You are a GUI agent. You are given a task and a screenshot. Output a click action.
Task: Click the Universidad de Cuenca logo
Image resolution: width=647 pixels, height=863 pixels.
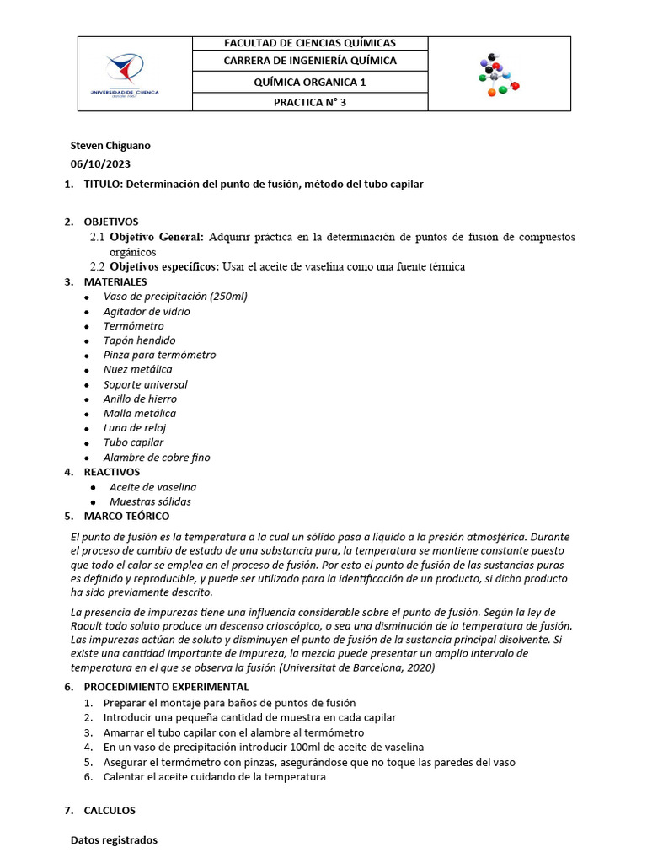pyautogui.click(x=124, y=73)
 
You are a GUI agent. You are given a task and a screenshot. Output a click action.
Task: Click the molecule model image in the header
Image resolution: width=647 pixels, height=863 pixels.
pyautogui.click(x=499, y=75)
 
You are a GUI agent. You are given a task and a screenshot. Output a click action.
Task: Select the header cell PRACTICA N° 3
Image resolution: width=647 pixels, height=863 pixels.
pyautogui.click(x=310, y=102)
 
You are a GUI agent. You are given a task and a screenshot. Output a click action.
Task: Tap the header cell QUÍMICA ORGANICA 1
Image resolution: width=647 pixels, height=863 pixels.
pyautogui.click(x=310, y=82)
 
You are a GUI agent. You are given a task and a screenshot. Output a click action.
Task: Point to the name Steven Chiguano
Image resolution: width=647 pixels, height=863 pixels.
pyautogui.click(x=110, y=146)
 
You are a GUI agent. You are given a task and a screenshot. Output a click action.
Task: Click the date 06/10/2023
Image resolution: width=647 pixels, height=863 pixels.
pyautogui.click(x=100, y=164)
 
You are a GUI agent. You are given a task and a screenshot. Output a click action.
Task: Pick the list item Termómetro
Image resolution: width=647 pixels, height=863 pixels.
pyautogui.click(x=134, y=326)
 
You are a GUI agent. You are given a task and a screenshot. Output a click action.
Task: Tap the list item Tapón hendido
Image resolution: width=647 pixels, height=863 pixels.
pyautogui.click(x=140, y=340)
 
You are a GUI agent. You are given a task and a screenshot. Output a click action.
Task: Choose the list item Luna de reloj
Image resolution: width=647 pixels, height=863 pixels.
pyautogui.click(x=135, y=428)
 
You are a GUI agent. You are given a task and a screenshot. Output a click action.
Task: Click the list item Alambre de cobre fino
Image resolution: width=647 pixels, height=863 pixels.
pyautogui.click(x=157, y=458)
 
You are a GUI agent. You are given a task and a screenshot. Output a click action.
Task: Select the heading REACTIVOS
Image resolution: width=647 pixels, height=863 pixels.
pyautogui.click(x=112, y=472)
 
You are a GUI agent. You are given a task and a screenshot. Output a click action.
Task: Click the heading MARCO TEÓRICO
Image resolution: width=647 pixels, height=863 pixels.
pyautogui.click(x=126, y=516)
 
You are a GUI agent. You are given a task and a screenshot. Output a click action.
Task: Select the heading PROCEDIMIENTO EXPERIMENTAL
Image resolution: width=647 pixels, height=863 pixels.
pyautogui.click(x=166, y=688)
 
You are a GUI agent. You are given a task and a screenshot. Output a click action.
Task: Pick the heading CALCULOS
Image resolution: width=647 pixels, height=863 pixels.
pyautogui.click(x=110, y=811)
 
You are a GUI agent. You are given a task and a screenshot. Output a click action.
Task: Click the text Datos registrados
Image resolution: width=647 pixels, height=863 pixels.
pyautogui.click(x=114, y=840)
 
